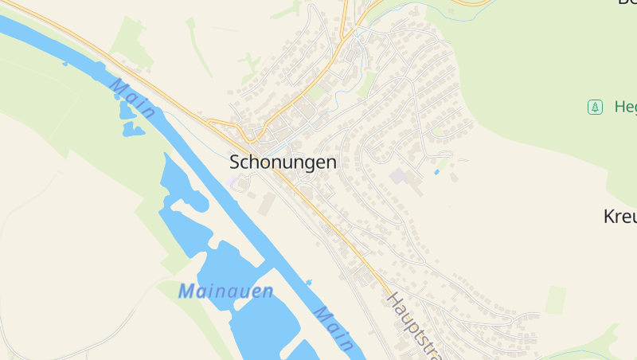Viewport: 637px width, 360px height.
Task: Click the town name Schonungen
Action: coord(283,162)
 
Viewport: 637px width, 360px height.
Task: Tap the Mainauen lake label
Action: coord(225,292)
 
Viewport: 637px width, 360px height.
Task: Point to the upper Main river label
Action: coord(132,99)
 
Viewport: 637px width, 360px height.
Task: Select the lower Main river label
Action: coord(334,327)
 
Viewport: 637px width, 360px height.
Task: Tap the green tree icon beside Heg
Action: coord(594,107)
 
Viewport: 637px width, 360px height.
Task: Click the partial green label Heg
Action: coord(625,107)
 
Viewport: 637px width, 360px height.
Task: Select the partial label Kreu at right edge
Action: coord(620,216)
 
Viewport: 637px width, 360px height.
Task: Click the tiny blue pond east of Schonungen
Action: coord(436,172)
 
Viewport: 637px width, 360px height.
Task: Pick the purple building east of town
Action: coord(397,176)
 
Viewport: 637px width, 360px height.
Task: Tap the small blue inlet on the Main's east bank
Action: coord(309,282)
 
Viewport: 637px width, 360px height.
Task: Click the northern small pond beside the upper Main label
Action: coord(126,109)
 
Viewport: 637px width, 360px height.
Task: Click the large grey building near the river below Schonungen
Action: coord(266,204)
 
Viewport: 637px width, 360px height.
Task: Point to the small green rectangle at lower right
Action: coord(556,299)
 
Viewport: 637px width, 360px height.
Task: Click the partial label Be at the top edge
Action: coord(627,2)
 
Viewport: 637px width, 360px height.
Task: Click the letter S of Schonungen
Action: coord(236,162)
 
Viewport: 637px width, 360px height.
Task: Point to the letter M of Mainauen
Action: coord(187,292)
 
